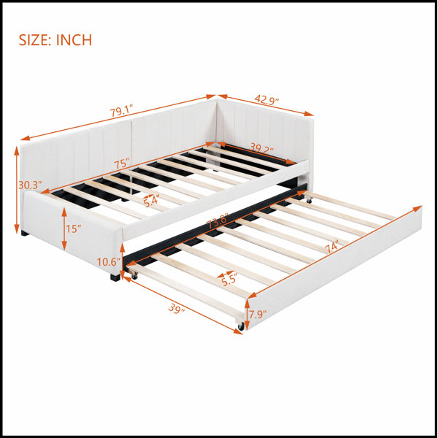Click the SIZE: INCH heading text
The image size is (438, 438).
(55, 40)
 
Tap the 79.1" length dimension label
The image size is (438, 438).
(120, 112)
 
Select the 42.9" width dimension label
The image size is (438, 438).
(266, 100)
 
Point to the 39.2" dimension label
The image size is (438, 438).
(261, 148)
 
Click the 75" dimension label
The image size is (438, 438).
(121, 164)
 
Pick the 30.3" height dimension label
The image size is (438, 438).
(30, 185)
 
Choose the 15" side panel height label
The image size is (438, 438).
(74, 229)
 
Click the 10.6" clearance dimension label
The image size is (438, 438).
(108, 262)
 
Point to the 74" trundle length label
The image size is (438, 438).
(332, 247)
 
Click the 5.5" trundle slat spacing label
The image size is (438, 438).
(230, 280)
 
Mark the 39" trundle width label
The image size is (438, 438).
(177, 309)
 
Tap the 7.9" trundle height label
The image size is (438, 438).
(258, 315)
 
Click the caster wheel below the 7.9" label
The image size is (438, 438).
(241, 326)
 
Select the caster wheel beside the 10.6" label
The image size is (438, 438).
(134, 276)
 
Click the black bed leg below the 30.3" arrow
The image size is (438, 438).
(25, 233)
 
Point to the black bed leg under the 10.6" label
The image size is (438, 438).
(115, 277)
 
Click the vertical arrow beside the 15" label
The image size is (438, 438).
(64, 228)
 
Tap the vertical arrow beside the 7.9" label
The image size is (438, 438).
(247, 314)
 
